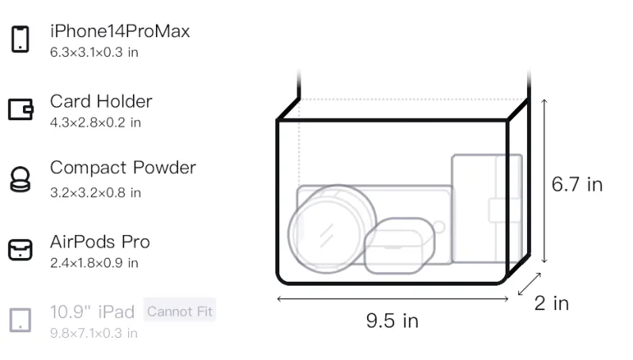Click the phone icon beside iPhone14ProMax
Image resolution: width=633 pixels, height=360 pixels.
coord(21,39)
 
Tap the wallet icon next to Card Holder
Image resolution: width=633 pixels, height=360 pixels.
coord(21,109)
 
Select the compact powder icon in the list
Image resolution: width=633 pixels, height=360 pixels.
coord(21,179)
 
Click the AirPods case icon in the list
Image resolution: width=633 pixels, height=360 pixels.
coord(21,249)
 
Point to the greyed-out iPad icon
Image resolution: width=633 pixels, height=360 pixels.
coord(21,320)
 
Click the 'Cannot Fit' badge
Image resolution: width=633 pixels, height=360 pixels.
coord(180,311)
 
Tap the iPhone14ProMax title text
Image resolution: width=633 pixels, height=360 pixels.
coord(120,31)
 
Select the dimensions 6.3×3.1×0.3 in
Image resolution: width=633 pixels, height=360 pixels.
coord(94,52)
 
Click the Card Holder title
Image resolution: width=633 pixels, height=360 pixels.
coord(101,101)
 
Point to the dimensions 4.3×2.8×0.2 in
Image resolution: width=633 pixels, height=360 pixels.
coord(95,123)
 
